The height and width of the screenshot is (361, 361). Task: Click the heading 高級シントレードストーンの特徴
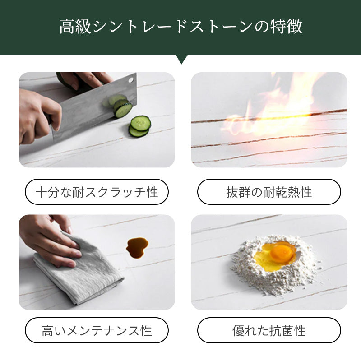[x=181, y=27]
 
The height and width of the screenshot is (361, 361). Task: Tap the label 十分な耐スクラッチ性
[x=97, y=192]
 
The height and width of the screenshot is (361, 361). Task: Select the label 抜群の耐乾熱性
[x=269, y=192]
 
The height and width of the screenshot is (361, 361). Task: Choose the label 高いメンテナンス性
[x=97, y=330]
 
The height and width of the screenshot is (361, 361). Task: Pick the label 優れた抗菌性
[x=269, y=330]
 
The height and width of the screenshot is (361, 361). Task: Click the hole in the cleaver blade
[x=131, y=80]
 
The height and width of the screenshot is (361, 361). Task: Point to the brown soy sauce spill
[x=137, y=248]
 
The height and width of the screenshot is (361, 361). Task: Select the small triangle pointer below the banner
[x=181, y=59]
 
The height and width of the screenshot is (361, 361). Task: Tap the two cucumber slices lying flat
[x=139, y=126]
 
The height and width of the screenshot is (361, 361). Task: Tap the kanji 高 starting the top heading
[x=67, y=27]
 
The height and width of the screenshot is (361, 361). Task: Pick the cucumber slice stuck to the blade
[x=123, y=108]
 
